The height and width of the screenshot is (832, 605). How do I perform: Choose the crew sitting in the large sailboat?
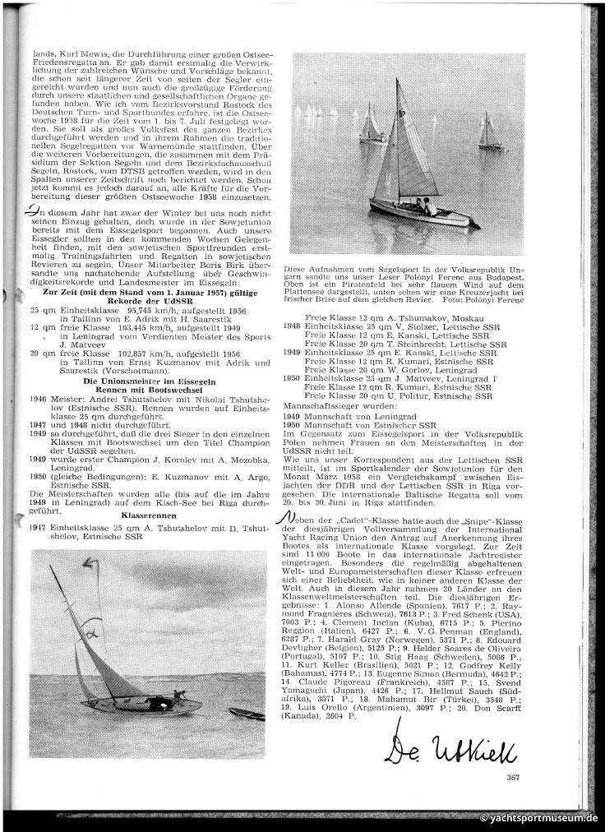(x=426, y=206)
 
